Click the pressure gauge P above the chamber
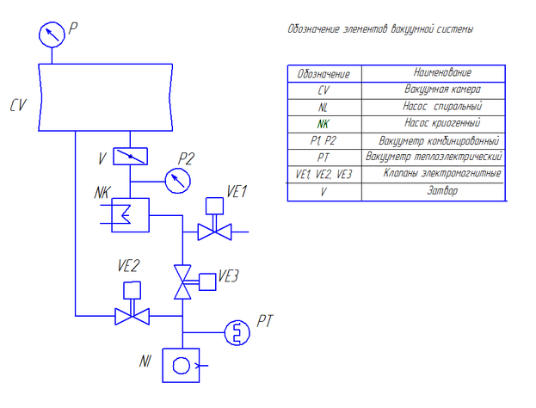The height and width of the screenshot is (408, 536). pos(52,35)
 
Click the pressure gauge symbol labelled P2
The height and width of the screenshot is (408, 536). pos(178,180)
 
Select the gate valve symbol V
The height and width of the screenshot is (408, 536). pos(130,156)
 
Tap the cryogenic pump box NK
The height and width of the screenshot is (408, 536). pos(130,213)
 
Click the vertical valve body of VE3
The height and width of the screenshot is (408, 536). pos(182,281)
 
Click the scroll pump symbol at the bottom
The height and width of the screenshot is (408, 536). pos(182,365)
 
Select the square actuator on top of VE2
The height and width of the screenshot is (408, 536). pos(132,290)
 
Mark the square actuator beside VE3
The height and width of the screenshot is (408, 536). pos(207,281)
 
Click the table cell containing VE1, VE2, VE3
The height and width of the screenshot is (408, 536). pos(323,174)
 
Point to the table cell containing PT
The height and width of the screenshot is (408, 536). pos(323,157)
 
